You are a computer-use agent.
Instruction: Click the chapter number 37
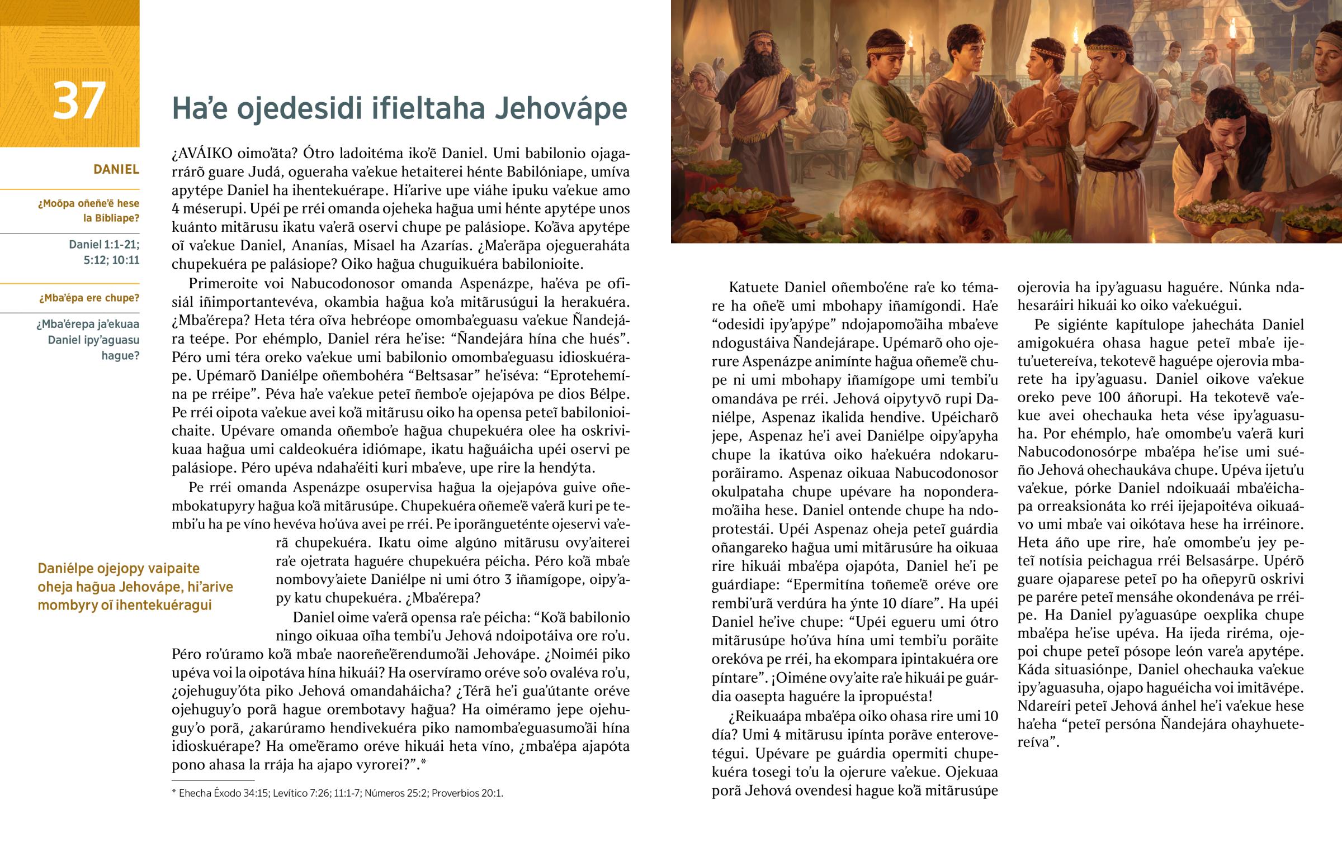(79, 101)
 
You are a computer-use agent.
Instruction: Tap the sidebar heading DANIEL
(116, 169)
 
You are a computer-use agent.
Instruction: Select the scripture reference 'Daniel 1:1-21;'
(104, 245)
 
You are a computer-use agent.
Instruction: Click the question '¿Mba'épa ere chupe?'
(89, 298)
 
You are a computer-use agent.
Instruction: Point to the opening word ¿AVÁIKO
(202, 154)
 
